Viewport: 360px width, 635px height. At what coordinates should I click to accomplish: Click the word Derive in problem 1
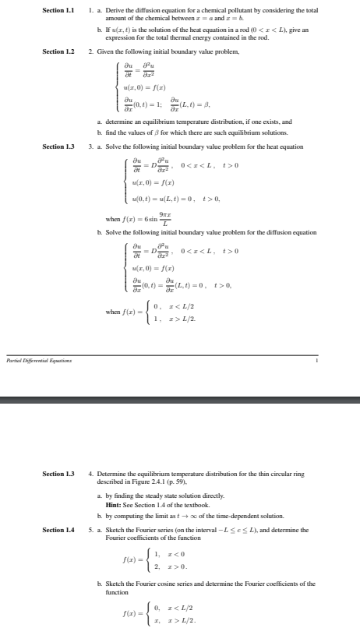click(x=109, y=9)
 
